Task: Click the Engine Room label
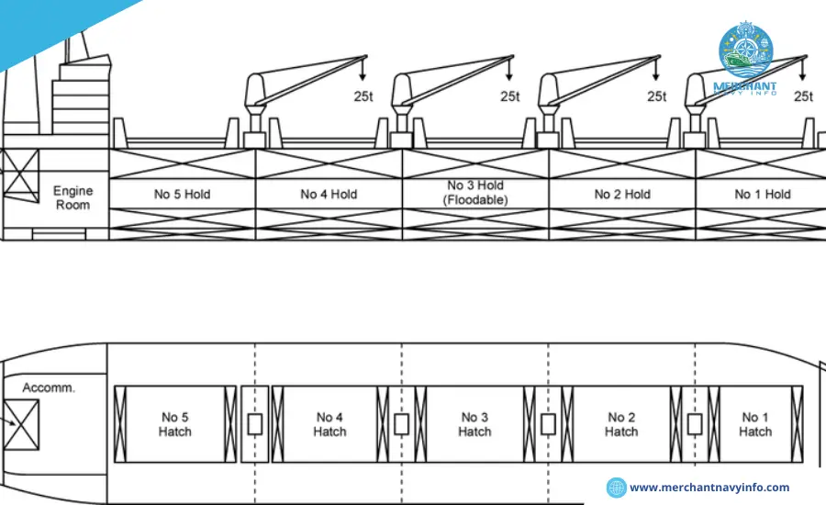click(x=73, y=197)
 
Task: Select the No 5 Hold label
click(x=182, y=194)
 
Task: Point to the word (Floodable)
click(x=475, y=200)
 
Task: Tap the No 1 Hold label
click(x=762, y=194)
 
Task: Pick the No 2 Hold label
click(x=622, y=194)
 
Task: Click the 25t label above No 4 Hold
click(x=363, y=95)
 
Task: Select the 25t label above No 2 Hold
click(x=656, y=95)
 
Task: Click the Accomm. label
click(x=49, y=387)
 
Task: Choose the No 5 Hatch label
click(x=174, y=424)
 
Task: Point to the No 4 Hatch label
click(x=329, y=424)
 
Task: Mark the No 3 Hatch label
click(x=474, y=424)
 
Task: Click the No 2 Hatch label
click(x=621, y=424)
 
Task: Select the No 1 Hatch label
click(x=755, y=424)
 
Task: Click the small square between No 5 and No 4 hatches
click(x=255, y=424)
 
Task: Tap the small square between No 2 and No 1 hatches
click(x=695, y=424)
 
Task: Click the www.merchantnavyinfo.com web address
click(x=709, y=488)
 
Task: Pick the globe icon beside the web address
click(x=617, y=488)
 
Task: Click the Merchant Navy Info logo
click(x=745, y=60)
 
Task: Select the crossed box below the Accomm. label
click(x=20, y=424)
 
